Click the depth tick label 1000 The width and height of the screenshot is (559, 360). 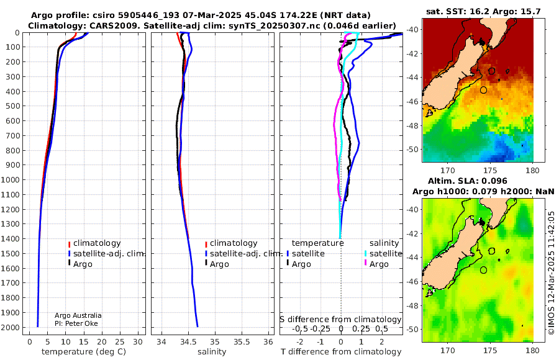(11, 179)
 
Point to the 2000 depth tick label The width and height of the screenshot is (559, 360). (11, 327)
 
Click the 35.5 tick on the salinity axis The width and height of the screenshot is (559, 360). (242, 342)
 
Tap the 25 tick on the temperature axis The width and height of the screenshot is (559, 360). (120, 342)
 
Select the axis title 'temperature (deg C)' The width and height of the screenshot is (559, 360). (84, 352)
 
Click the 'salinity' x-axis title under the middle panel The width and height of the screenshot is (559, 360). (212, 352)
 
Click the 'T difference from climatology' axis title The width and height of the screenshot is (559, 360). (341, 352)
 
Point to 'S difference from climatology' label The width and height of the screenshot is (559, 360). (340, 320)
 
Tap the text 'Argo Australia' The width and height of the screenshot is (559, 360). (78, 315)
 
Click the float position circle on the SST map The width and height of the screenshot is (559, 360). (483, 90)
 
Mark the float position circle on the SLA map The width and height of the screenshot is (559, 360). (483, 270)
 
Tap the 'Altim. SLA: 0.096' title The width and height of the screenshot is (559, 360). (467, 181)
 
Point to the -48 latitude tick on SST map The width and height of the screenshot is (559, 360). (413, 125)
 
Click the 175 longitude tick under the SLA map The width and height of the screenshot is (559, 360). (490, 350)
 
